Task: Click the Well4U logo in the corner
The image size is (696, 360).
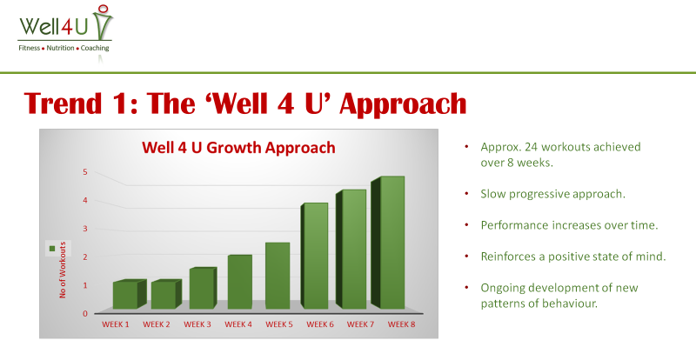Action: tap(66, 32)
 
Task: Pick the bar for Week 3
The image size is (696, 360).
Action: tap(203, 288)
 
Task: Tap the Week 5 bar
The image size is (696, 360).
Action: tap(278, 276)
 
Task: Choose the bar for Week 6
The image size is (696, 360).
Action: tap(314, 256)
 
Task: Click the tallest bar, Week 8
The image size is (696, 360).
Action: tap(388, 243)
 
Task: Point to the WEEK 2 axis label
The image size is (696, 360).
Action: tap(157, 324)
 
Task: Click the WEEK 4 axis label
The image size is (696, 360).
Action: tap(238, 324)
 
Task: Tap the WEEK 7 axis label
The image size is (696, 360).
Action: tap(360, 324)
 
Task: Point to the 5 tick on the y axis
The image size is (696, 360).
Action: tap(85, 172)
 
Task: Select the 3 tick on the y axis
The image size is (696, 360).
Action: tap(85, 229)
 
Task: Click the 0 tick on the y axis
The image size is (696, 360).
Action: tap(85, 314)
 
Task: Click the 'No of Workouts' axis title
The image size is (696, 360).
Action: tap(63, 270)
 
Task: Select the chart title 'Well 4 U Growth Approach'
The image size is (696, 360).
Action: tap(238, 147)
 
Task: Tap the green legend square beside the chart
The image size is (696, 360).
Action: tap(52, 249)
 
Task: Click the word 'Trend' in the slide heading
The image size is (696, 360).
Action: tap(62, 103)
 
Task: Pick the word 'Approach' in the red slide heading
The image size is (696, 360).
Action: tap(403, 104)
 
